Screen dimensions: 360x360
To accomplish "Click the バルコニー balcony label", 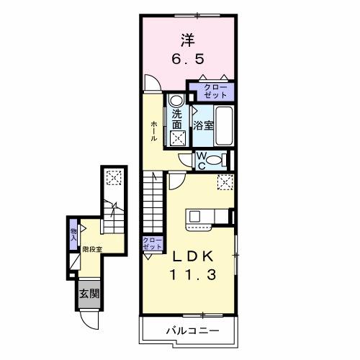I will [x=189, y=331].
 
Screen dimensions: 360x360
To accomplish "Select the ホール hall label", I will [x=154, y=132].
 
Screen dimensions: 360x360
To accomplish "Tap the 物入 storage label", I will [x=74, y=232].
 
